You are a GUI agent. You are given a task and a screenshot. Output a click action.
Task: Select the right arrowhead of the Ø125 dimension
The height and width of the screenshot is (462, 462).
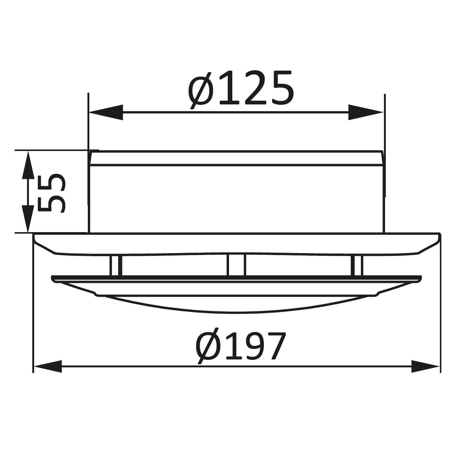(366, 112)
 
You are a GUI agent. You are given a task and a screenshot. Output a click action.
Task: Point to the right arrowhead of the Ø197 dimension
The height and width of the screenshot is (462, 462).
(426, 366)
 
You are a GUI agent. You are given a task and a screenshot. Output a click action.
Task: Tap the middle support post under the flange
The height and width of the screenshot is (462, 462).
(236, 265)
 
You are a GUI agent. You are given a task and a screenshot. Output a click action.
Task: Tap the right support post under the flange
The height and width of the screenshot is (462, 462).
(357, 265)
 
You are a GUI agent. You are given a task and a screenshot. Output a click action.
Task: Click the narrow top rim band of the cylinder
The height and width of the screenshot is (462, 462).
(236, 158)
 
